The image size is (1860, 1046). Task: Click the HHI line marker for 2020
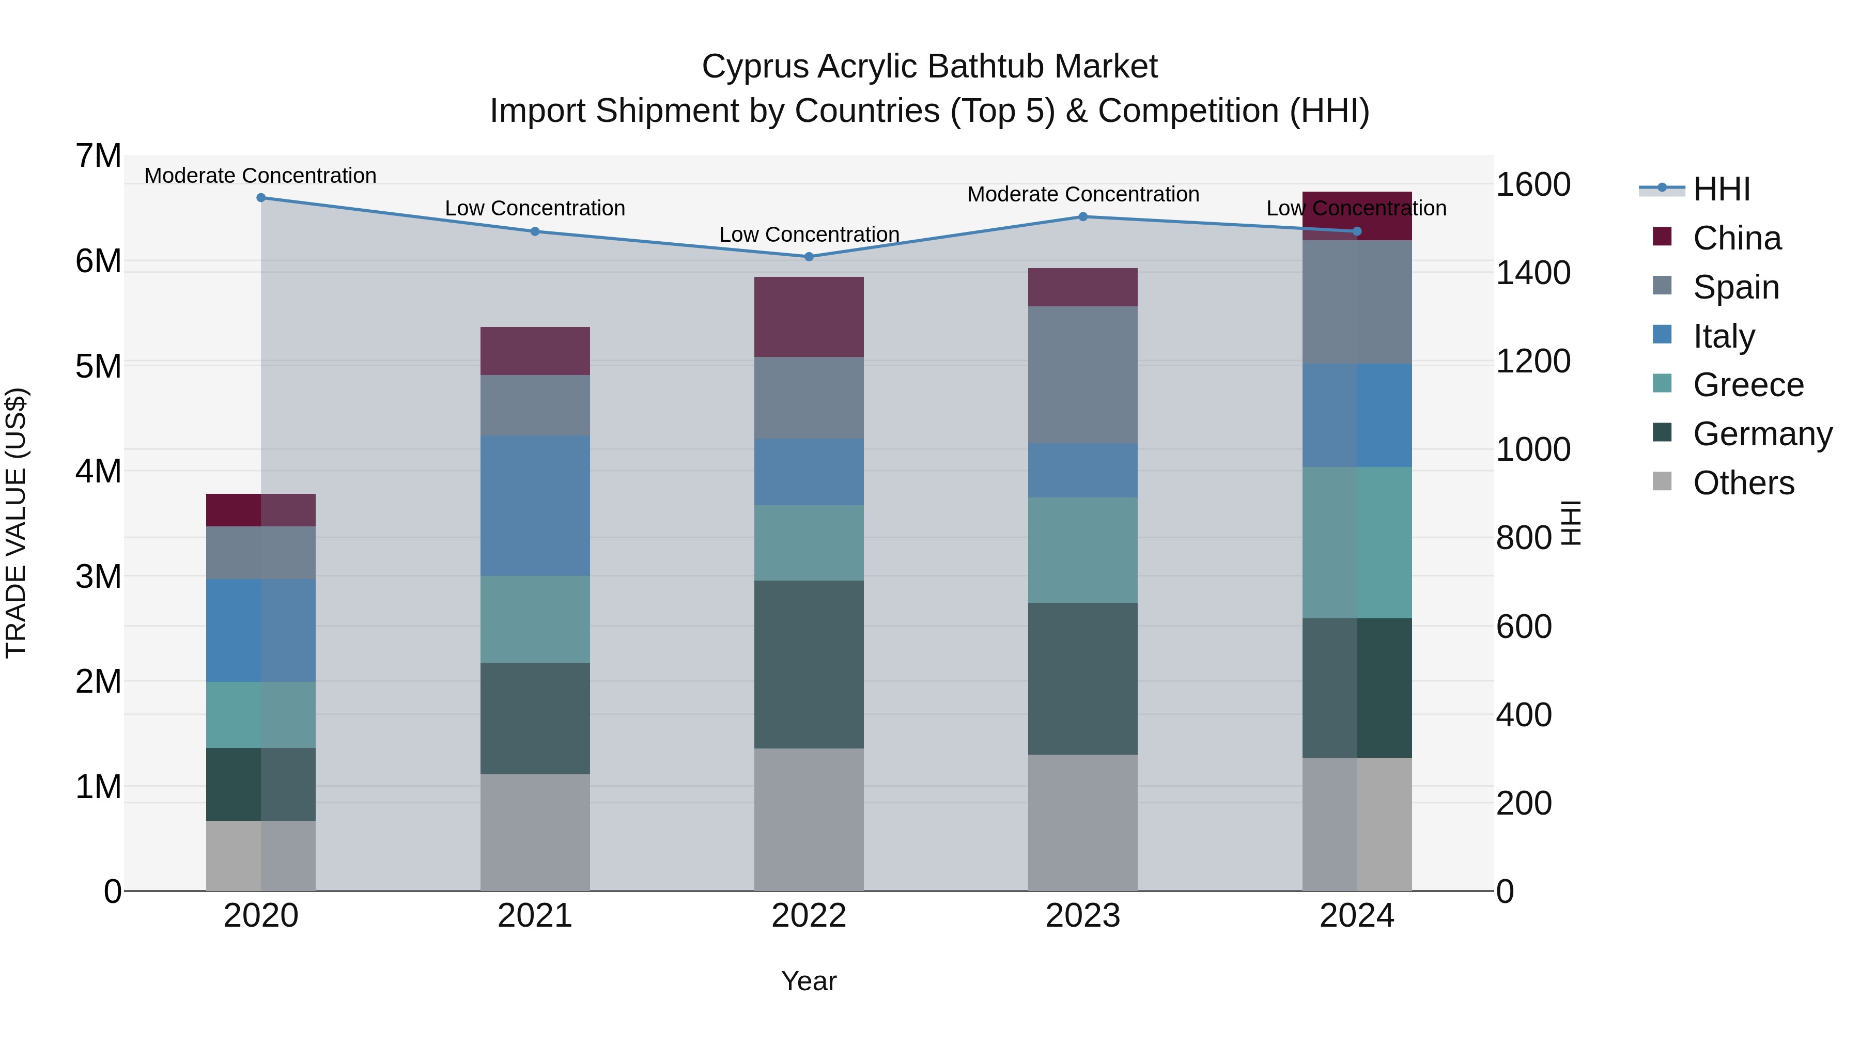coord(261,198)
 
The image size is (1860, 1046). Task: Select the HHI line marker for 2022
coord(809,257)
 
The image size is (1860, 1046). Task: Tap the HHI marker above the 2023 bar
coord(1082,216)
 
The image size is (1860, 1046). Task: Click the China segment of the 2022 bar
coord(809,317)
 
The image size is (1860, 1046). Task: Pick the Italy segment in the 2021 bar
coord(535,505)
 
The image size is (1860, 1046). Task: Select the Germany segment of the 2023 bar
coord(1082,679)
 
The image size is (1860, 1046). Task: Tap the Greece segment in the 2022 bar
coord(809,543)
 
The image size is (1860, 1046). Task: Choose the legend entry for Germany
coord(1762,434)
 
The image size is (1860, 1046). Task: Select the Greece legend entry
coord(1747,385)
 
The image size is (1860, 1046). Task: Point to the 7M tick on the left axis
coord(98,156)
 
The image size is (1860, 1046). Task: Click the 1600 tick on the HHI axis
coord(1532,185)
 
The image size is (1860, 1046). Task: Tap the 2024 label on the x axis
coord(1356,916)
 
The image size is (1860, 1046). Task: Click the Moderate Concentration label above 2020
coord(261,176)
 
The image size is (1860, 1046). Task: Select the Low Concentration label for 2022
coord(809,235)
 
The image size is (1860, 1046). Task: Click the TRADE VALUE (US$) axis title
coord(16,523)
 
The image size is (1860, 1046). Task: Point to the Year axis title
coord(809,981)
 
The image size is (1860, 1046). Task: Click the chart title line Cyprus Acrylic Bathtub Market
coord(929,67)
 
